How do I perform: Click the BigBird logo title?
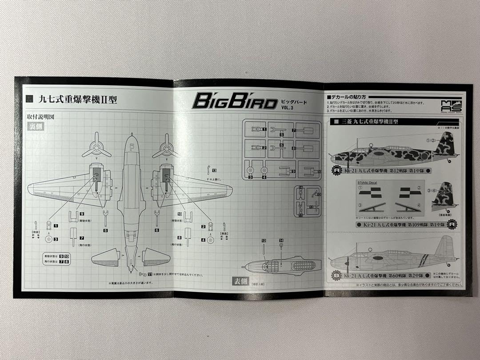point(234,100)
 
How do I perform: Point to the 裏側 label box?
point(35,126)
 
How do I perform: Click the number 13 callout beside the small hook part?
point(214,170)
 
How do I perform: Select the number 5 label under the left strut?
point(105,231)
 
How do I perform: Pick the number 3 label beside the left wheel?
point(56,239)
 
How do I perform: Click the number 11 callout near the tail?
point(150,274)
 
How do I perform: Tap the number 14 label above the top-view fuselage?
point(281,240)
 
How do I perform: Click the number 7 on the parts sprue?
point(294,130)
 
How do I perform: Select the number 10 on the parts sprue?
point(319,171)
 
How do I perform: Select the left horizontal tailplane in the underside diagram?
point(105,257)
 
